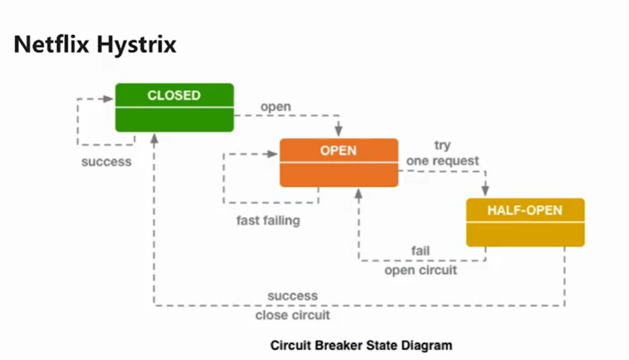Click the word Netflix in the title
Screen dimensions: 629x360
click(52, 44)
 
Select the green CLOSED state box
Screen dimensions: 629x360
click(174, 107)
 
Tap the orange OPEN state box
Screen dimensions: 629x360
click(339, 163)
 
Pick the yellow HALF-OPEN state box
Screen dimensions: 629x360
click(525, 222)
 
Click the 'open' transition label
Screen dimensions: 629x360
click(276, 107)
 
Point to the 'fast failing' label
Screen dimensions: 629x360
click(268, 221)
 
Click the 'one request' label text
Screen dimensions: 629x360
click(442, 161)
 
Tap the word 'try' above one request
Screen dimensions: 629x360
click(442, 145)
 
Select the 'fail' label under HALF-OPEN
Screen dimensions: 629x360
click(420, 251)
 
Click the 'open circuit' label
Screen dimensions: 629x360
click(420, 270)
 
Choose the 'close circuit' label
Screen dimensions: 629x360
click(292, 315)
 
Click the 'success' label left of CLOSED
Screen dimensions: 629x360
click(106, 162)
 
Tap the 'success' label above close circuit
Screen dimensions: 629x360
click(292, 296)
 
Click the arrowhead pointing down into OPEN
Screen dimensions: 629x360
click(339, 131)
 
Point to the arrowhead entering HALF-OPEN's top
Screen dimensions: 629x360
click(486, 190)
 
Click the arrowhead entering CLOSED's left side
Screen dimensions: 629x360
click(108, 98)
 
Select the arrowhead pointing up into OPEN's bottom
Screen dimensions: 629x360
click(359, 195)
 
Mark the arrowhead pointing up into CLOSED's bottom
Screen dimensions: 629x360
click(155, 139)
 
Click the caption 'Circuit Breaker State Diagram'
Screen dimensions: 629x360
click(361, 345)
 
